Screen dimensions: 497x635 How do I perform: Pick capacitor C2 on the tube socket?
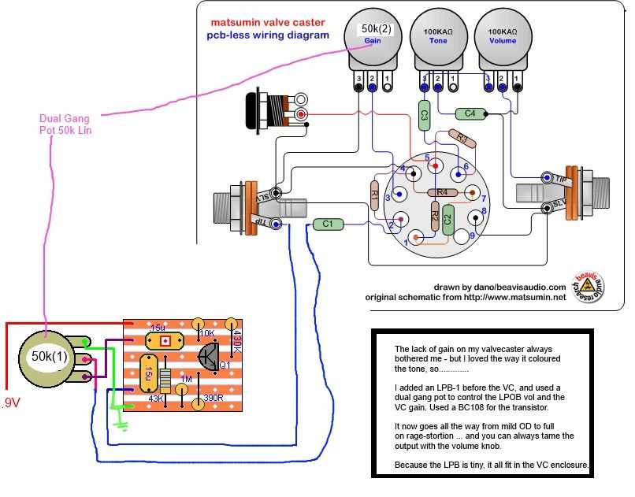click(447, 217)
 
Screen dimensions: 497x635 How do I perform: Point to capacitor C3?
click(424, 115)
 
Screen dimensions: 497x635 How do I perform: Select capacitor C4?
click(470, 113)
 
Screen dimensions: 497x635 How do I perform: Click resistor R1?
click(375, 194)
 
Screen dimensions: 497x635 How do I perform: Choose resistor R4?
click(442, 192)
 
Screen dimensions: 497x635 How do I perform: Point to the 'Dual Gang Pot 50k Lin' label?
click(65, 124)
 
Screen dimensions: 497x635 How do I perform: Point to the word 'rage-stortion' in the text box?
click(432, 435)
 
